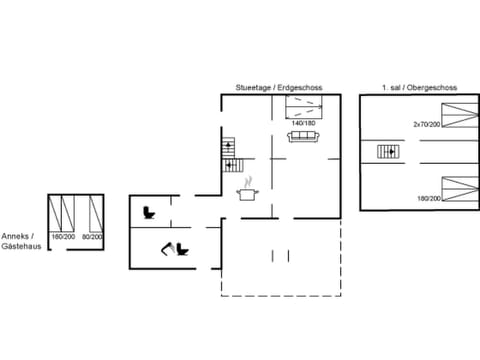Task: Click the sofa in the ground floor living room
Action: coord(304,137)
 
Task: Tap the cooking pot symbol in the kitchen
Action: coord(247,193)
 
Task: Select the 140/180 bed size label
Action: coord(304,122)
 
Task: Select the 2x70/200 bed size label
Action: coord(426,123)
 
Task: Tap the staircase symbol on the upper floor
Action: coord(388,152)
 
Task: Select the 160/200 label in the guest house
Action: coord(63,236)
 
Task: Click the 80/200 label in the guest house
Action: coord(93,236)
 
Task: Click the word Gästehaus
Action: coord(21,246)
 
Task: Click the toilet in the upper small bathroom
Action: coord(149,211)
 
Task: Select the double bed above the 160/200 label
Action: coord(65,213)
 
